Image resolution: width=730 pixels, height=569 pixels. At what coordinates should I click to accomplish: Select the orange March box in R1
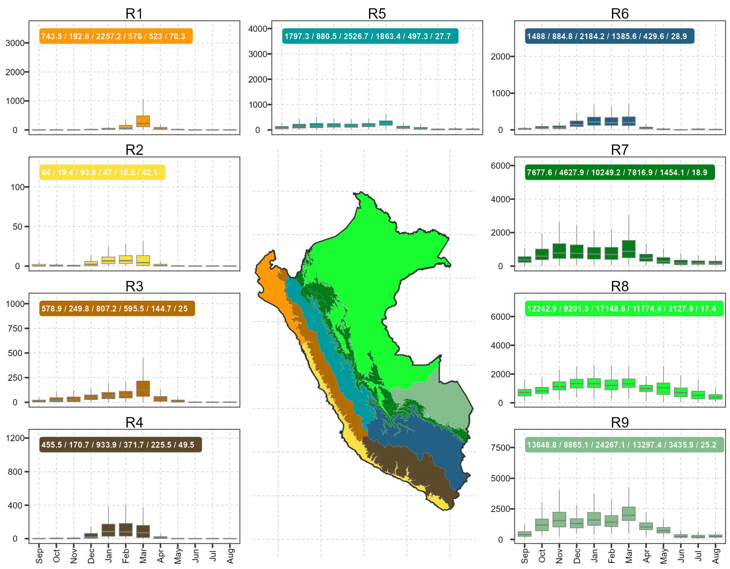(x=143, y=121)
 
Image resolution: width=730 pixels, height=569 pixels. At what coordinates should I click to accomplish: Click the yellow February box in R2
(x=126, y=260)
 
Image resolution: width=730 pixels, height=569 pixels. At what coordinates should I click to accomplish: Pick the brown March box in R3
(x=143, y=389)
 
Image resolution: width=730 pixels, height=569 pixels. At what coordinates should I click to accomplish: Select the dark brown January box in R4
(x=108, y=530)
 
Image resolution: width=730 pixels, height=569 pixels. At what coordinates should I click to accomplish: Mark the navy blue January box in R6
(x=594, y=121)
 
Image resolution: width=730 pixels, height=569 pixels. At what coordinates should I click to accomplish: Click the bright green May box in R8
(x=663, y=389)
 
